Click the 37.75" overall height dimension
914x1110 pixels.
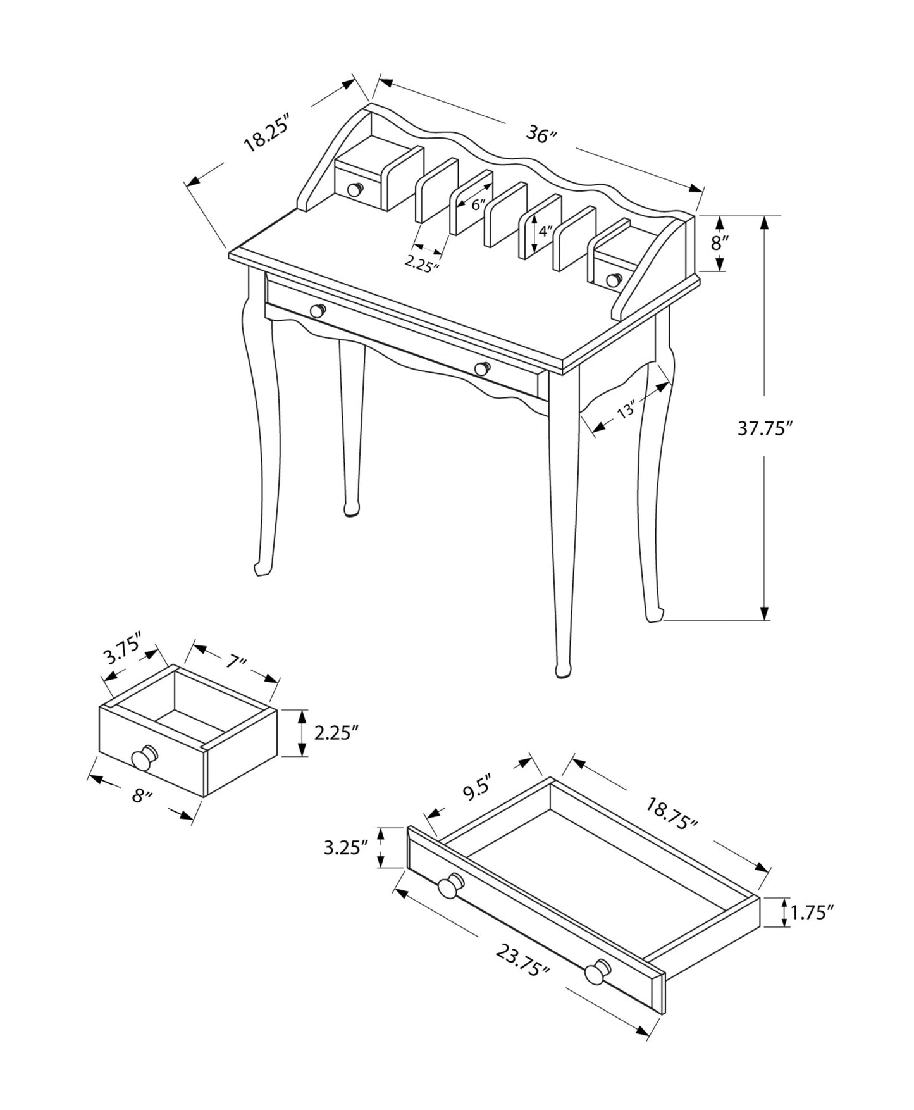tap(764, 429)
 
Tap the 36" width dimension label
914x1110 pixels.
tap(541, 135)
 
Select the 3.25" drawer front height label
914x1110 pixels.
tap(345, 848)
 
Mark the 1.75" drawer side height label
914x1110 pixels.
tap(812, 913)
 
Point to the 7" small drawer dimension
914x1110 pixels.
tap(235, 662)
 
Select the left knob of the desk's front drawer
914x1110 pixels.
tap(318, 310)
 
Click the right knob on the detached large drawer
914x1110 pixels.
tap(596, 973)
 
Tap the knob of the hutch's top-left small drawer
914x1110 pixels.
tap(355, 189)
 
